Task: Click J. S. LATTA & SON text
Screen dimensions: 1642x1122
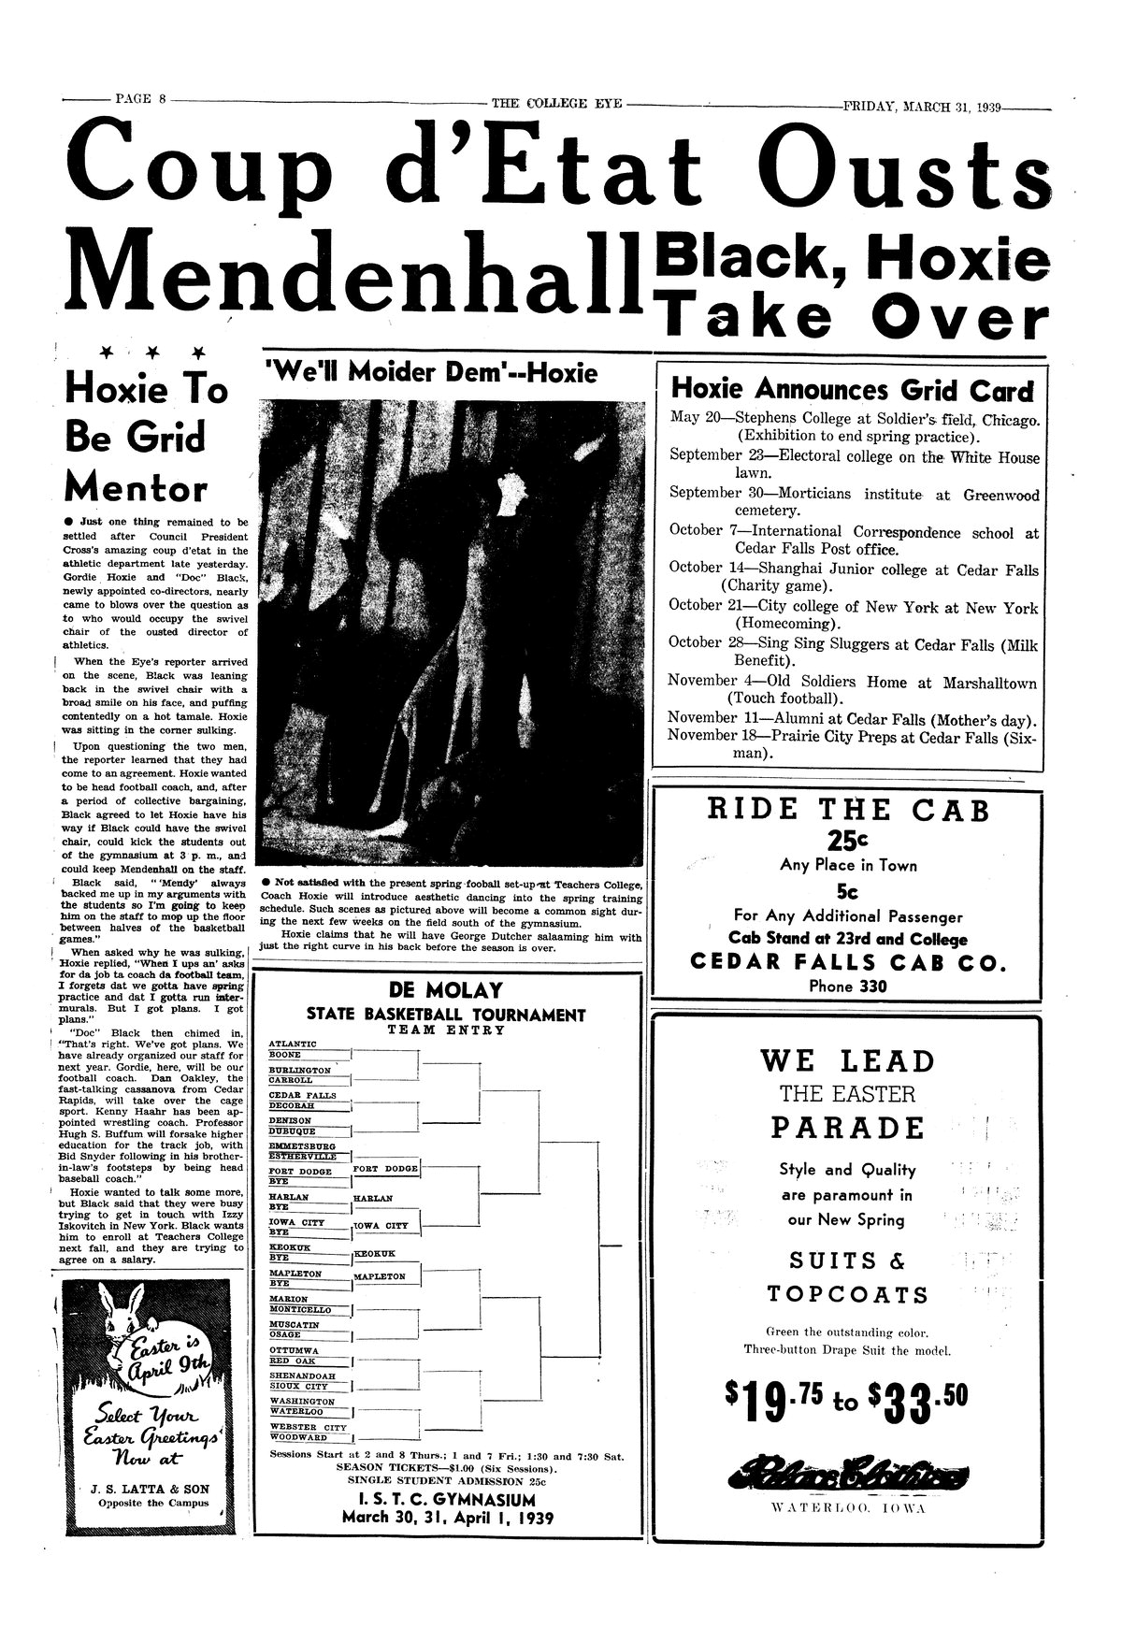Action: tap(142, 1489)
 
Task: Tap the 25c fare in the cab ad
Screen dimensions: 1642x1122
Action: tap(848, 841)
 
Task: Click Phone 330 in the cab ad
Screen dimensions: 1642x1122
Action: tap(846, 986)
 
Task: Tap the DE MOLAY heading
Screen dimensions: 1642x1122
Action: tap(445, 991)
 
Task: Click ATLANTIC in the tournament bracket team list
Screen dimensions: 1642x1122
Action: tap(293, 1044)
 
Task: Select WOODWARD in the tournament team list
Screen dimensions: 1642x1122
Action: tap(298, 1437)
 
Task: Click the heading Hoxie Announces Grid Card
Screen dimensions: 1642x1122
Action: tap(853, 390)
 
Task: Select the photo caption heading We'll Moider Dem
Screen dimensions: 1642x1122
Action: tap(432, 374)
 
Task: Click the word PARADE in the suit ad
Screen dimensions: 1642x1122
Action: tap(847, 1128)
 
